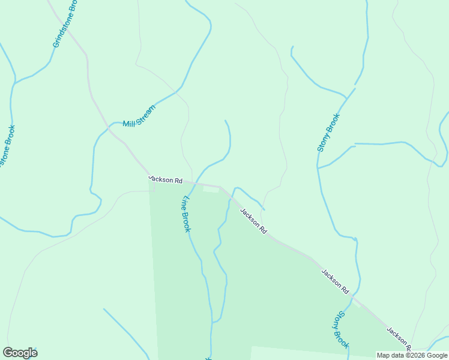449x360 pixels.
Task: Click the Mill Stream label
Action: (x=139, y=116)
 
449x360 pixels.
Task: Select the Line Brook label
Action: (x=186, y=214)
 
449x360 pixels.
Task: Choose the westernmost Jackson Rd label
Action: (x=165, y=179)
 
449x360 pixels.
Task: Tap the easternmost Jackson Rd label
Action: (x=399, y=339)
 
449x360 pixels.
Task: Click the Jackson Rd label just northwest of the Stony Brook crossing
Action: (x=335, y=281)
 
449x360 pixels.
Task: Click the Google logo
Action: (x=20, y=353)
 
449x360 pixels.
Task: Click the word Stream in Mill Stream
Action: (x=146, y=112)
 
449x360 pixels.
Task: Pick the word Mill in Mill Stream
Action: (x=128, y=123)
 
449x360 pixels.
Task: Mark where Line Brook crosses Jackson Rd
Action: (x=193, y=182)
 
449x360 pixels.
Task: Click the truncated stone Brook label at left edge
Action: (x=7, y=147)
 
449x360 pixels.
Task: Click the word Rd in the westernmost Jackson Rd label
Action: (x=178, y=181)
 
